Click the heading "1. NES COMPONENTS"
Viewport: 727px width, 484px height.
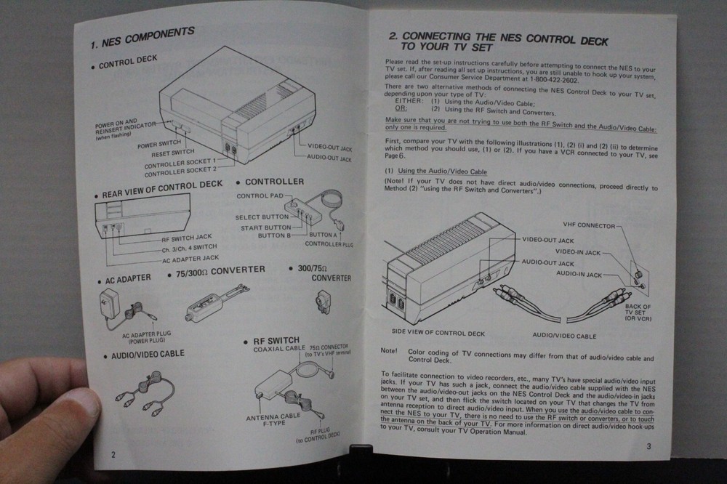142,38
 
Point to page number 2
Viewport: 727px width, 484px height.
113,454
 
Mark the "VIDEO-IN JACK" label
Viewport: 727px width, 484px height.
579,251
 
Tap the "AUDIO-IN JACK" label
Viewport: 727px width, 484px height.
579,274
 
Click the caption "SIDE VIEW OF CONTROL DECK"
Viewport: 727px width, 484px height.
438,333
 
